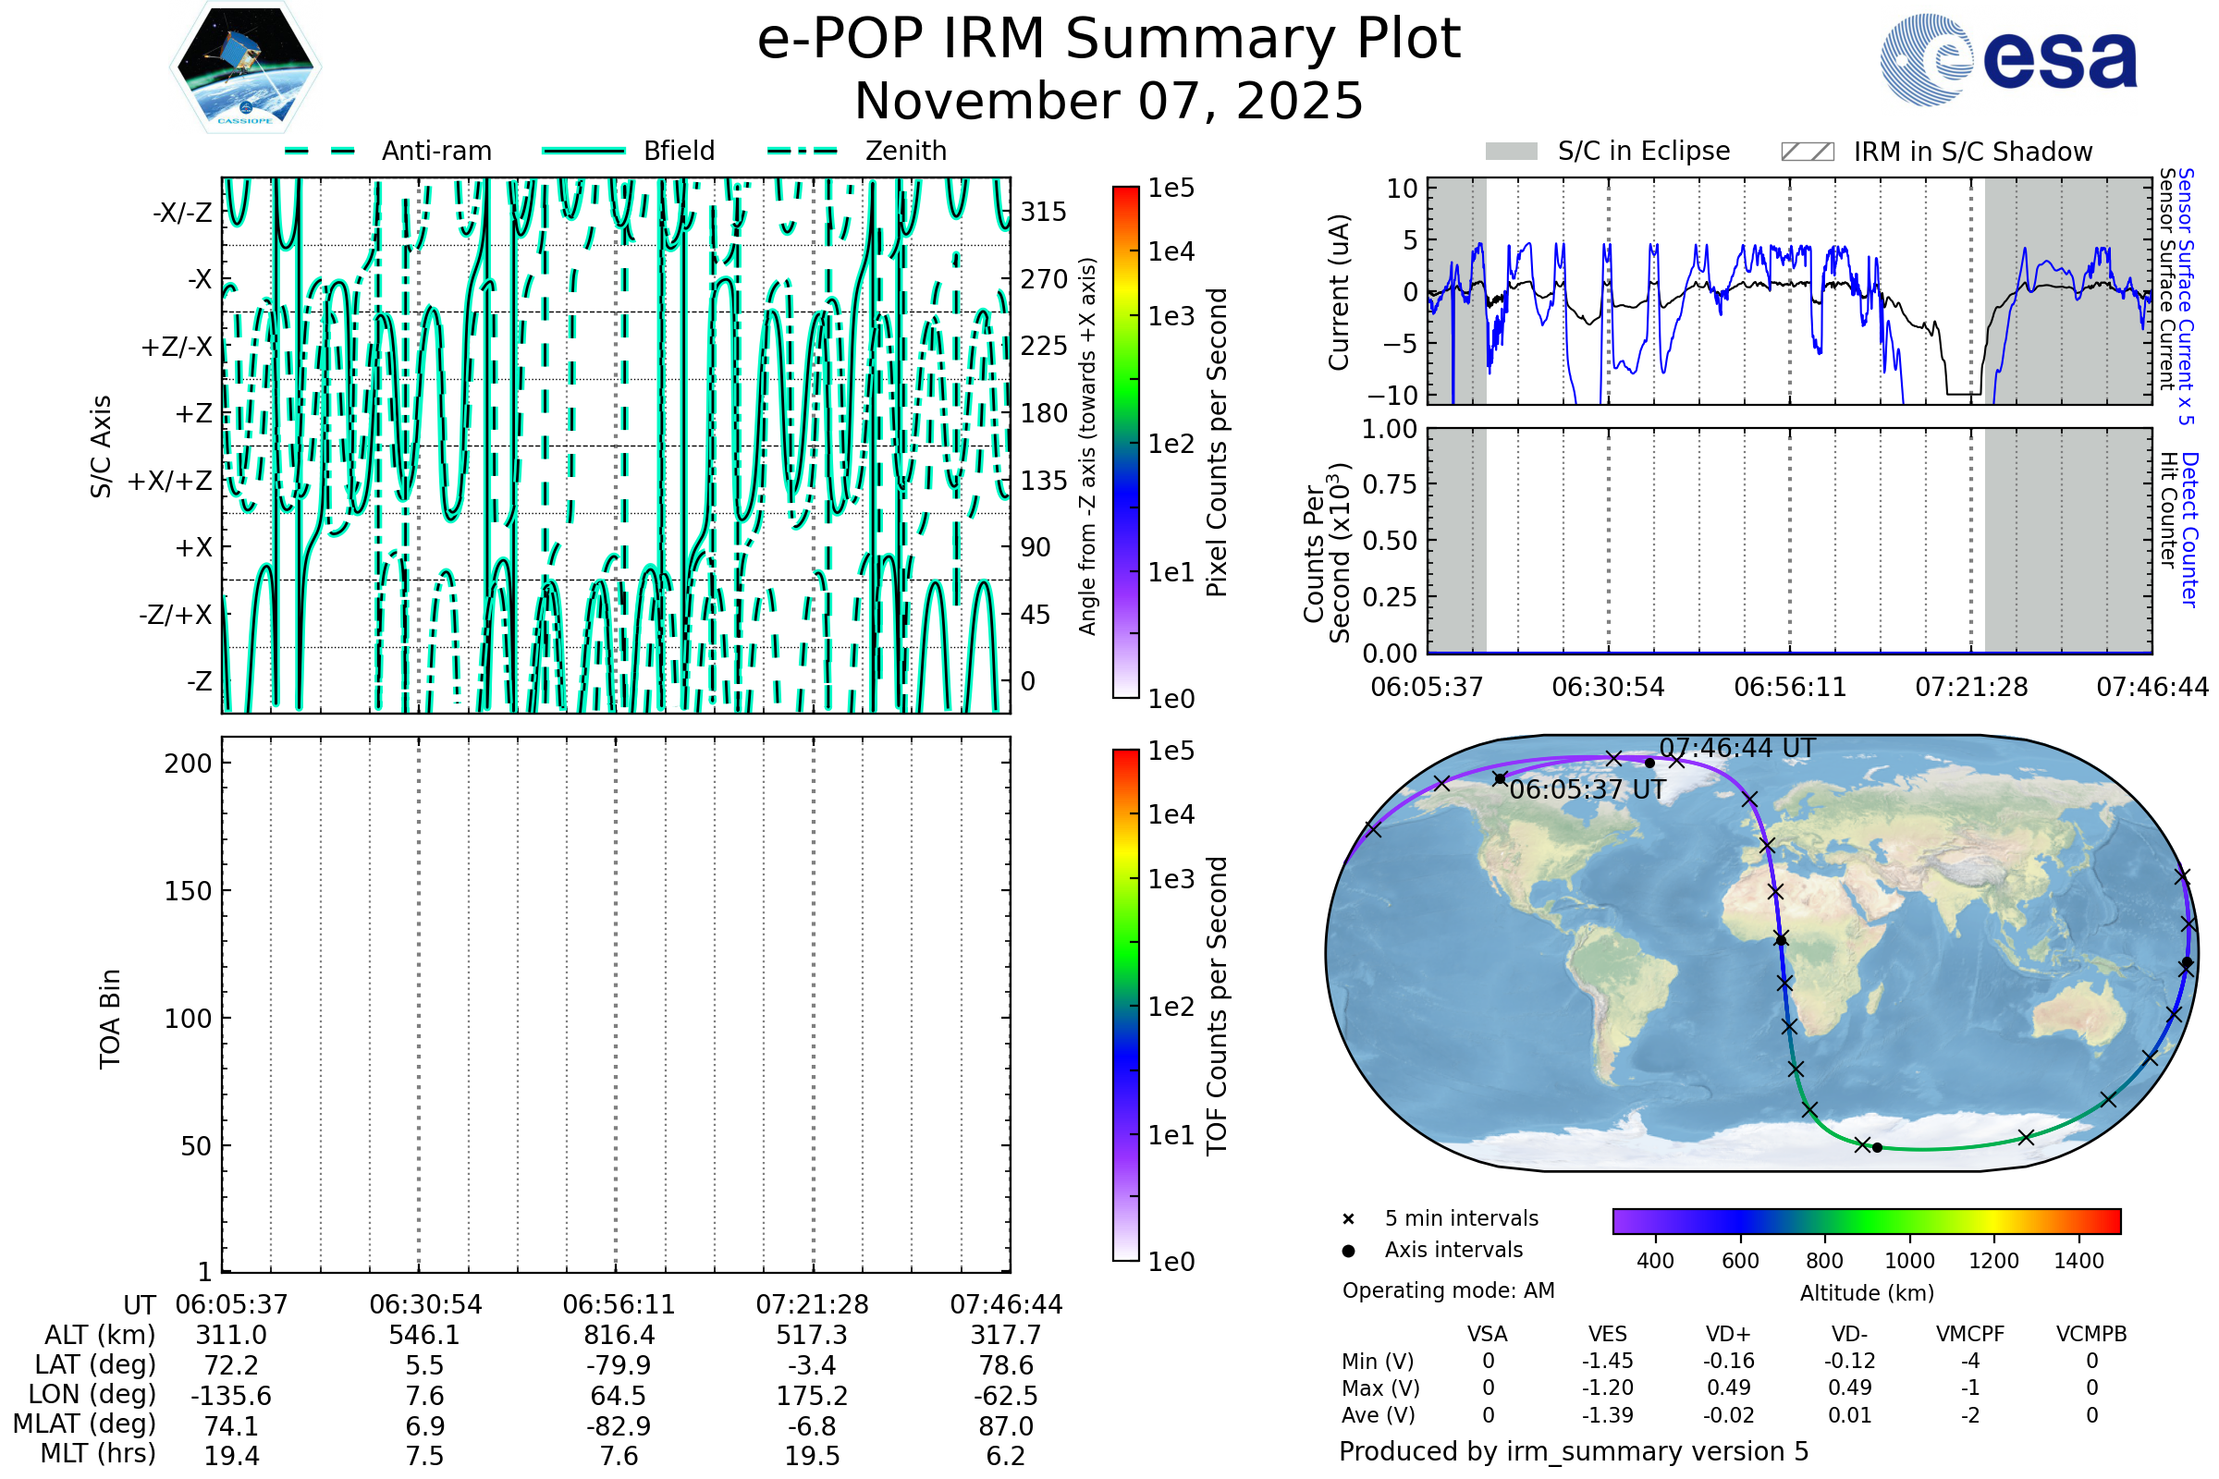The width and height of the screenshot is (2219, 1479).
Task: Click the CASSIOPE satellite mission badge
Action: [245, 67]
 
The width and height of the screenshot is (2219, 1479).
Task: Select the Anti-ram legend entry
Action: [435, 151]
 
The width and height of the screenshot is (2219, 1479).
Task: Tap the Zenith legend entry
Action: [905, 151]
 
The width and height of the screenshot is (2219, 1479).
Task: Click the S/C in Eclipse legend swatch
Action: [1511, 152]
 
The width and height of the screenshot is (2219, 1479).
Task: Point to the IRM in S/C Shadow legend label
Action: [1972, 152]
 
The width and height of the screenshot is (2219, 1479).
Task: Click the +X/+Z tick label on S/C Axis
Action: [170, 481]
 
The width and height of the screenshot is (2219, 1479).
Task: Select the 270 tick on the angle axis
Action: [1044, 279]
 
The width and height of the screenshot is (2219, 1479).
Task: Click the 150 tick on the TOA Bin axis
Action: [188, 891]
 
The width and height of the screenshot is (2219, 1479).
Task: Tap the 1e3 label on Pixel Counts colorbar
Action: [1171, 317]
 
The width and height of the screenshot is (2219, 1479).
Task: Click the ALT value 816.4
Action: [618, 1336]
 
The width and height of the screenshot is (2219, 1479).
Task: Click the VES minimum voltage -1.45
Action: [1607, 1361]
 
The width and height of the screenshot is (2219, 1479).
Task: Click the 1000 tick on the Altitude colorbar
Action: [1909, 1261]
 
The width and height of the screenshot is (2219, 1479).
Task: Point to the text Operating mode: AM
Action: [1448, 1290]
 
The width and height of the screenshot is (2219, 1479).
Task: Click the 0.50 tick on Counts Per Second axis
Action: [1390, 542]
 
